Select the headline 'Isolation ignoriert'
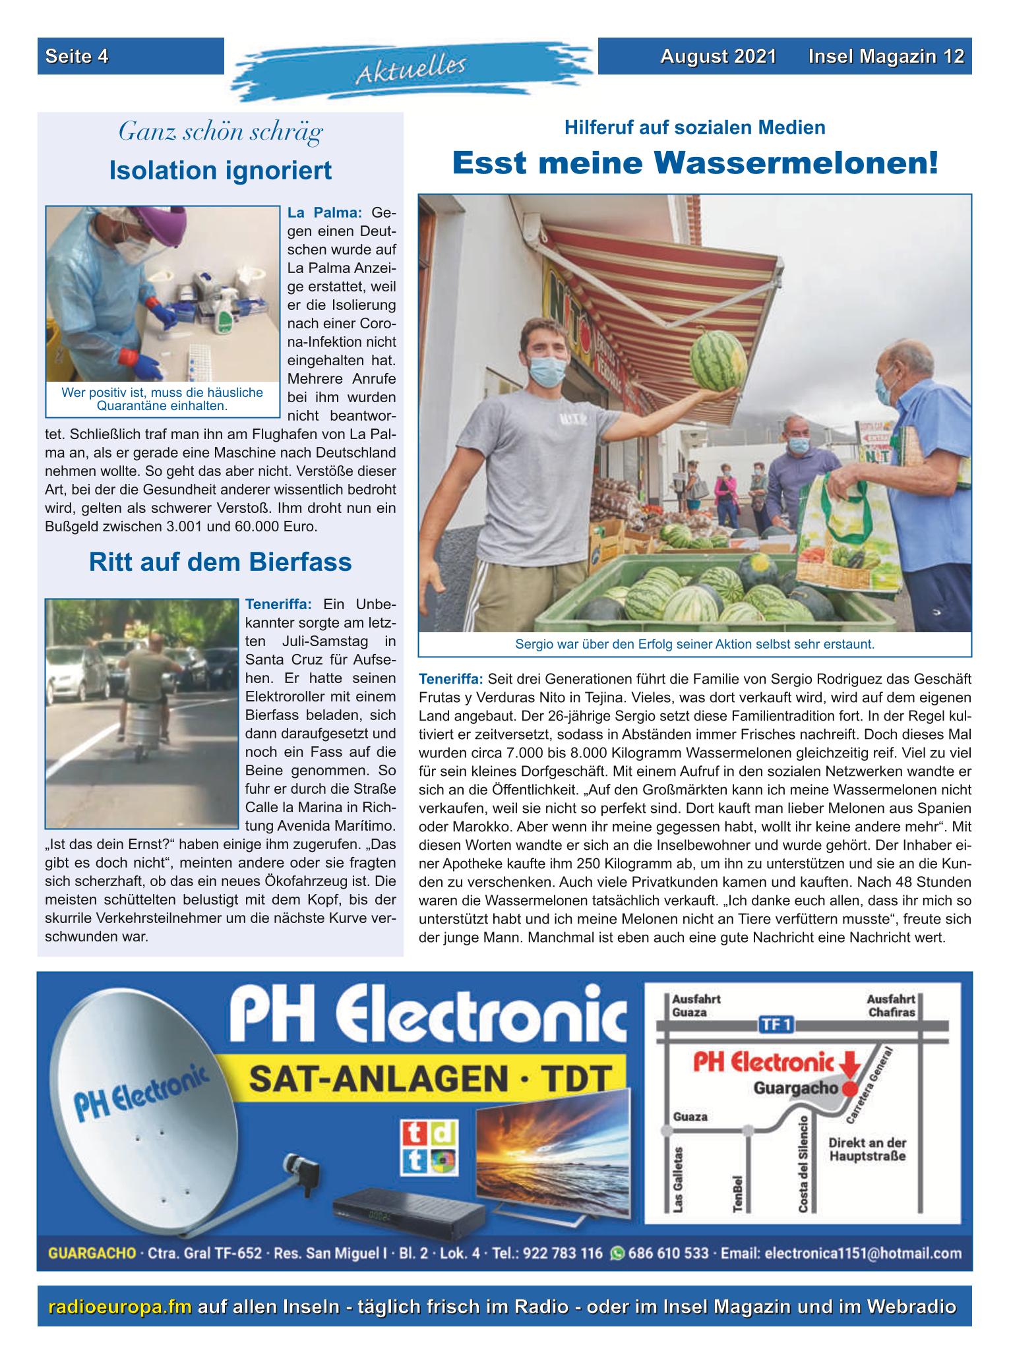point(220,170)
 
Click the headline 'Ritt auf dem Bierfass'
point(220,562)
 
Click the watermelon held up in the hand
point(718,360)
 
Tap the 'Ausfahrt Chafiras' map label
point(890,1005)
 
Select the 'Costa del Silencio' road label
point(803,1163)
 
